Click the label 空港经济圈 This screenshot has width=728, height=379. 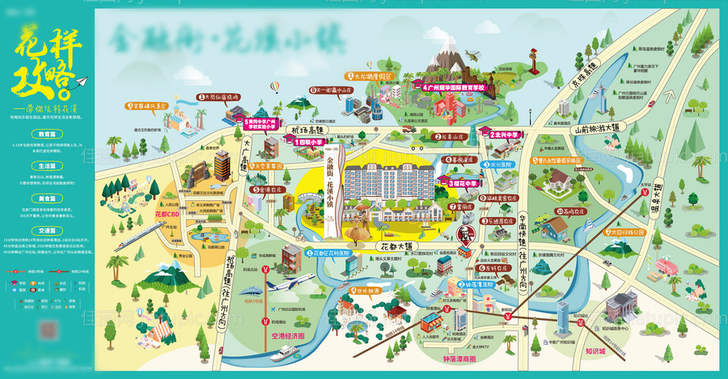287,334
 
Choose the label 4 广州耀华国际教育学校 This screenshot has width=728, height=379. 453,85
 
